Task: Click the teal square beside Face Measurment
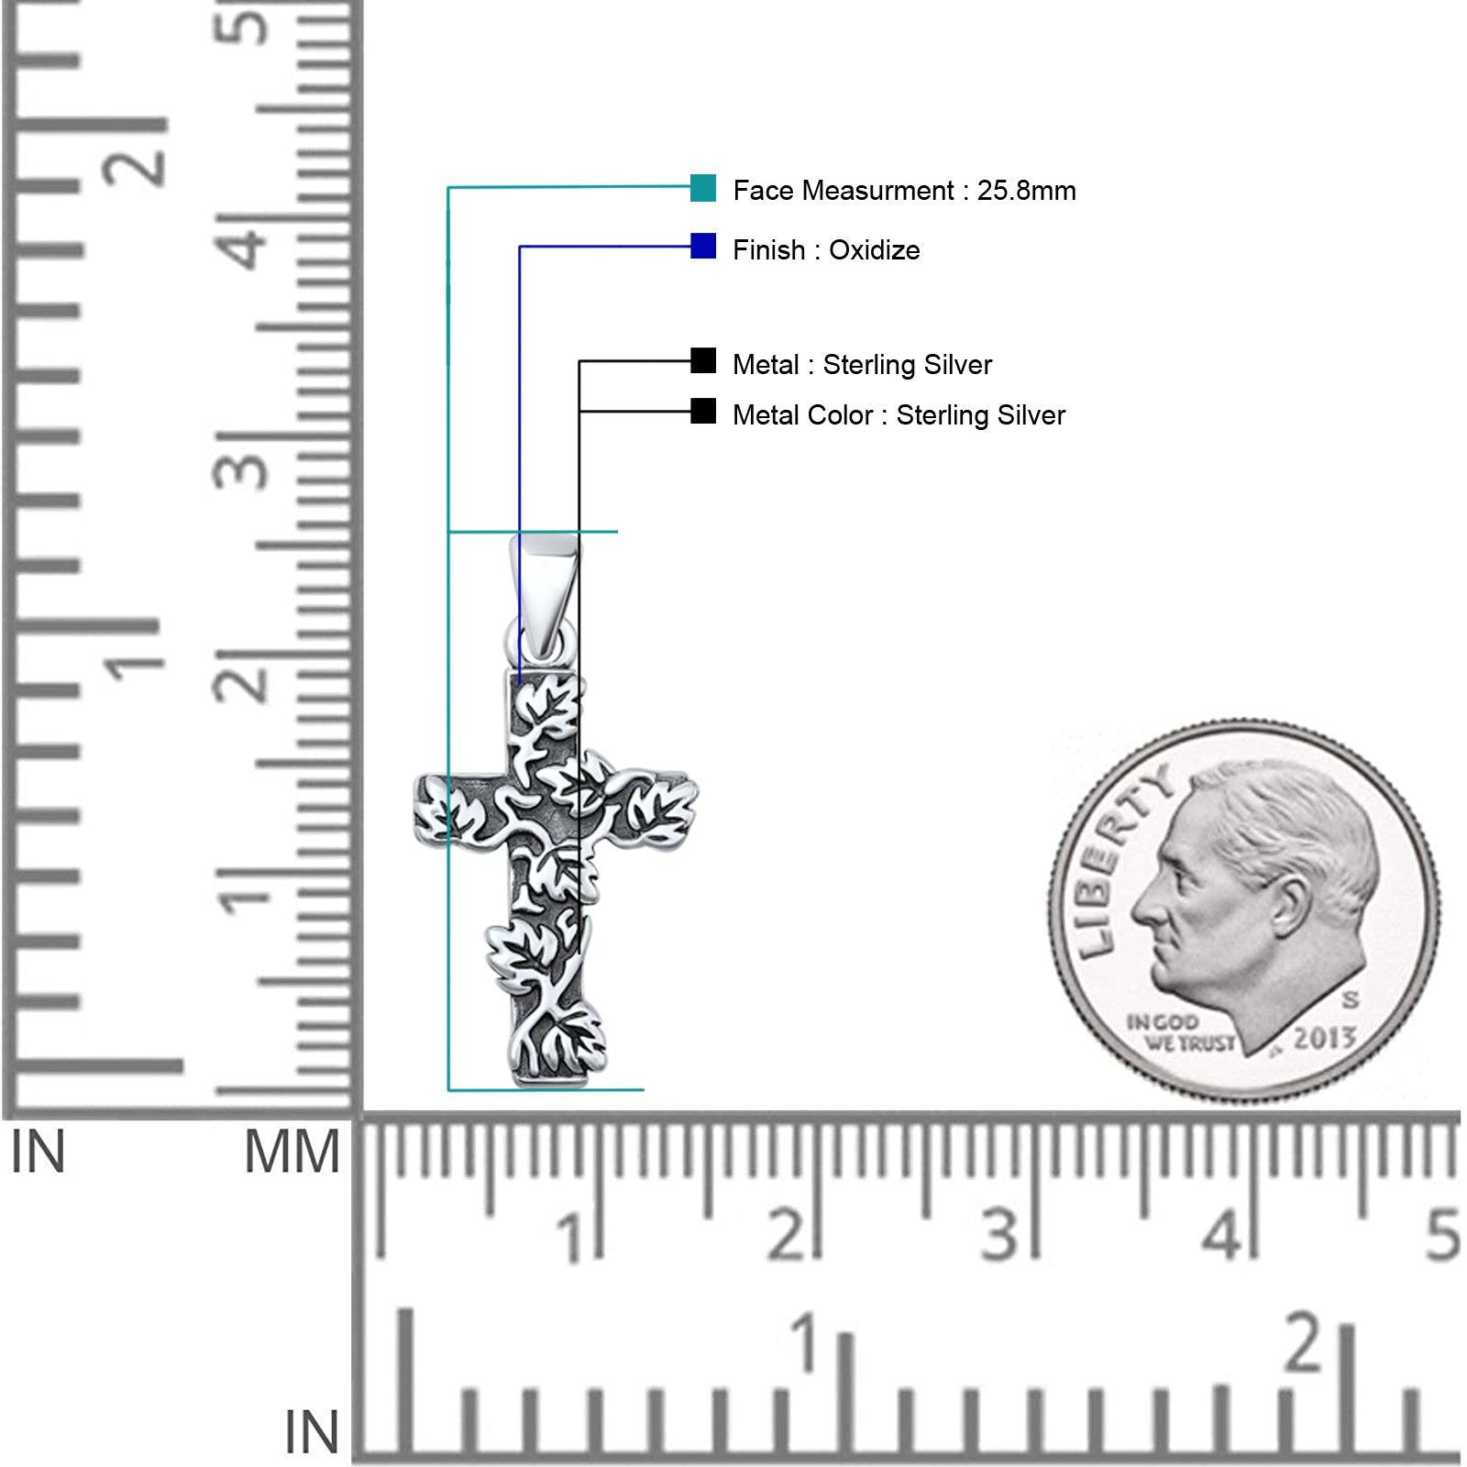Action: [703, 188]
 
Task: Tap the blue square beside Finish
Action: [703, 246]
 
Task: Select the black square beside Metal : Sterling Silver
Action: [703, 360]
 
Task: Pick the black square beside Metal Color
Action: [703, 411]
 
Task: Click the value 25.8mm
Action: [1026, 191]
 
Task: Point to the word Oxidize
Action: [874, 250]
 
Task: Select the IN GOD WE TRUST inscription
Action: [1181, 1032]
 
